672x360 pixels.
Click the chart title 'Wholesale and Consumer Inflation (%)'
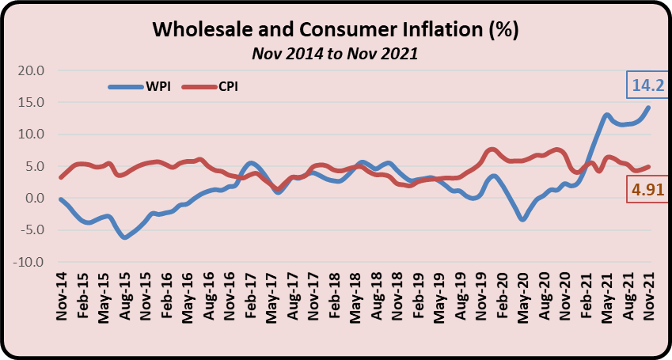335,31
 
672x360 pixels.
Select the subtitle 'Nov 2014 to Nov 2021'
335,54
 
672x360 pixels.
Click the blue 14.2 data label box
646,85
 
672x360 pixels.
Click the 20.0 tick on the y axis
31,70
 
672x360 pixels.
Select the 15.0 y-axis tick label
31,102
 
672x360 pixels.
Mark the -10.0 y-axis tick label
28,262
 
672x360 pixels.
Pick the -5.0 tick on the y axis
31,230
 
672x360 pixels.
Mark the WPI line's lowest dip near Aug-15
124,237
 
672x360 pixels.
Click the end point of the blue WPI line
649,107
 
